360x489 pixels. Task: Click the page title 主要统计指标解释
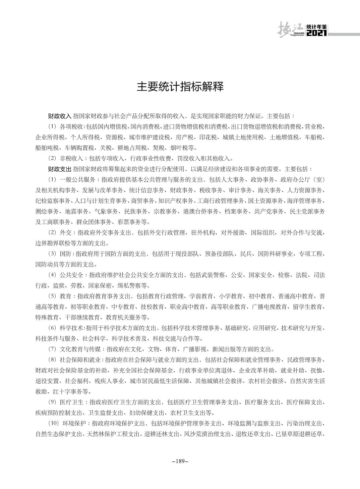180,87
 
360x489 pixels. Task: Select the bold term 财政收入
60,116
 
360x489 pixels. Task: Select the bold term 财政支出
60,169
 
